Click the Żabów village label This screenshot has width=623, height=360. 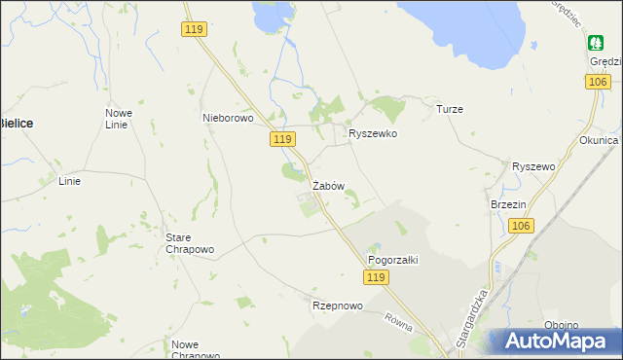(x=328, y=185)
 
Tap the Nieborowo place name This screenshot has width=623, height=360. (x=227, y=118)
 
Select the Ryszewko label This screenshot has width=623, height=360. (x=373, y=133)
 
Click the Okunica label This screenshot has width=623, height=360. (x=598, y=140)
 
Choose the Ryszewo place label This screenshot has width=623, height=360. (x=532, y=166)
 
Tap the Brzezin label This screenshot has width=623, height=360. (x=508, y=204)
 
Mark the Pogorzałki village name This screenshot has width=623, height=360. (x=391, y=260)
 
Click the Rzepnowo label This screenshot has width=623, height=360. (x=337, y=306)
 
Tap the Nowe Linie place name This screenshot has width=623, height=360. (x=119, y=119)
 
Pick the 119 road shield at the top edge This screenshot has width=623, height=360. (x=194, y=30)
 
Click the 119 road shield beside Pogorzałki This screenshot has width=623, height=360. (x=378, y=278)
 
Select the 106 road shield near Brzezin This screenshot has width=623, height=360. (x=521, y=226)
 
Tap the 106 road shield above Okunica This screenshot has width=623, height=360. (x=598, y=83)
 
